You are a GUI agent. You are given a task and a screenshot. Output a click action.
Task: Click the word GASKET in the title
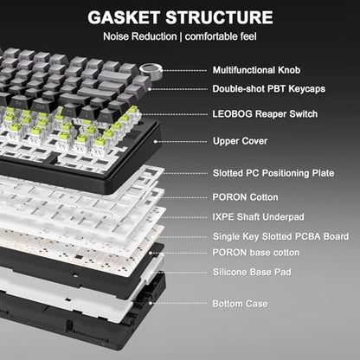coord(124,17)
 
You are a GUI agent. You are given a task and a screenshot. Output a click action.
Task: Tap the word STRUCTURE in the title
coord(219,17)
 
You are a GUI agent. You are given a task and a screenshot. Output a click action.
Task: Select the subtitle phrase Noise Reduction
coord(140,36)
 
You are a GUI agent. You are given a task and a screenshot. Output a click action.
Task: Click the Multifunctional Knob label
coord(256,70)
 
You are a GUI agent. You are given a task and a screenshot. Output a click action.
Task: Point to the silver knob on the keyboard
coord(150,71)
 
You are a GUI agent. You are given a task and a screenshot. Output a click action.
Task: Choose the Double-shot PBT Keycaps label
coord(269,89)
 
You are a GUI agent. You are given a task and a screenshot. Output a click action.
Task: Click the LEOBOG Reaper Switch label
coord(265,114)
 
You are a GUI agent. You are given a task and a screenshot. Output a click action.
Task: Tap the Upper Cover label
coord(240,141)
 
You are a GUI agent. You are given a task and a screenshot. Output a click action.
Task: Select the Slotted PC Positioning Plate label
coord(273,173)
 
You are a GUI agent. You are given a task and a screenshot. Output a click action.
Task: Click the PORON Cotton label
coord(246,197)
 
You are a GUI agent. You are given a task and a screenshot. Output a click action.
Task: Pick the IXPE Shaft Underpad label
coord(258,217)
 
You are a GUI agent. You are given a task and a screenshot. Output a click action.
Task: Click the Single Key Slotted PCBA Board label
coord(280,236)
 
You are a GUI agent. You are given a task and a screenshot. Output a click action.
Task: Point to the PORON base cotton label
coord(256,253)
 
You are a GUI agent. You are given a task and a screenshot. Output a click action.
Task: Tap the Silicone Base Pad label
coord(252,272)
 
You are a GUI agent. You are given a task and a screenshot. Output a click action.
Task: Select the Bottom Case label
coord(240,304)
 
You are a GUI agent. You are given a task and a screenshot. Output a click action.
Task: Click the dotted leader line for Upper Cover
coord(181,142)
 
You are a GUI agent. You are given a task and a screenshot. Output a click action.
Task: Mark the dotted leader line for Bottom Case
coord(178,303)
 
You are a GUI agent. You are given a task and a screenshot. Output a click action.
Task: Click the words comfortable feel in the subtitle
coord(221,36)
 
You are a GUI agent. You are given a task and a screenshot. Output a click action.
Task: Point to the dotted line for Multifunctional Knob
coord(183,70)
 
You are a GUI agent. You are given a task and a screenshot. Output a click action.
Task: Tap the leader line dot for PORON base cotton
coord(151,253)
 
